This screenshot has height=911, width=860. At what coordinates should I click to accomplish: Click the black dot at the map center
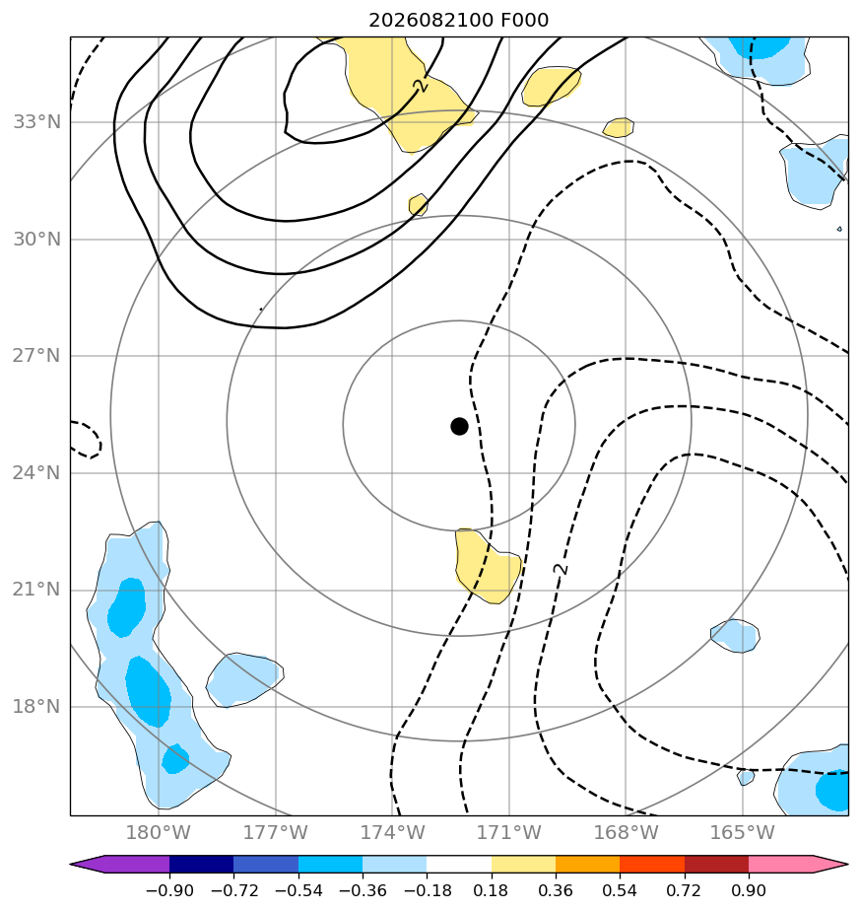pos(459,427)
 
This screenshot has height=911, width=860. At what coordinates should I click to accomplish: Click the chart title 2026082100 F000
pos(458,21)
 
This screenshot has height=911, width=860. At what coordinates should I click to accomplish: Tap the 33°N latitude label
pos(36,122)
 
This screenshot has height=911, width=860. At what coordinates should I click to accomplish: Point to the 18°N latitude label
pos(36,707)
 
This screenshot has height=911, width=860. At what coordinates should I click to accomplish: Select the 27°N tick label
pos(36,356)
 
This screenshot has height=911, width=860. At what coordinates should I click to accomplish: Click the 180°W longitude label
pos(158,832)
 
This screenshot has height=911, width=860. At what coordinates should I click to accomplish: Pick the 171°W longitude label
pos(508,832)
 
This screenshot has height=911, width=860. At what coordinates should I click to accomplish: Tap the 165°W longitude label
pos(742,832)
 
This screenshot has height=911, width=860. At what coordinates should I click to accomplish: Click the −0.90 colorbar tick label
pos(169,890)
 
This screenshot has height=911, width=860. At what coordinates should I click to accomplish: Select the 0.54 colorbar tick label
pos(620,890)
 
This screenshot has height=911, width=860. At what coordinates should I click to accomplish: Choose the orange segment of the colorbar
pos(588,864)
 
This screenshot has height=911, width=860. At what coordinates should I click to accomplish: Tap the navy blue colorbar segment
pos(202,864)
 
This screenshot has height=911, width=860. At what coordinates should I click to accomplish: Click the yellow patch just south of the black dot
pos(487,567)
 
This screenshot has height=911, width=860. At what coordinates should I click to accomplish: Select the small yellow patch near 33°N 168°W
pos(619,128)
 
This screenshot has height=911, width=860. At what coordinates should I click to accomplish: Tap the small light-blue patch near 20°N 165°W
pos(735,636)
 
